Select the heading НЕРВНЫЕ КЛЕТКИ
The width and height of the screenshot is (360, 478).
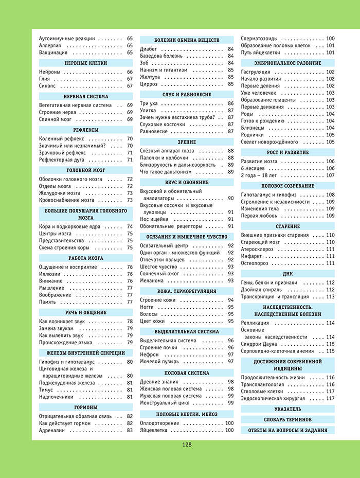86,63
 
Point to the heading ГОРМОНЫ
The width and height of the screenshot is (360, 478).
86,407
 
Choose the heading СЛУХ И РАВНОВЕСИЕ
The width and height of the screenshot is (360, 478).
187,95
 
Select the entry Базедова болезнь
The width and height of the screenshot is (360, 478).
161,56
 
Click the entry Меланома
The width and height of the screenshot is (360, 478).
153,280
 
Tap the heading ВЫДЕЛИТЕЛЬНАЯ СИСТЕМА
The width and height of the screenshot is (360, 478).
187,331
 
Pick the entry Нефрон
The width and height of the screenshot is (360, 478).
150,355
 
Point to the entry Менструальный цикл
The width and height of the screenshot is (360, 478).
165,403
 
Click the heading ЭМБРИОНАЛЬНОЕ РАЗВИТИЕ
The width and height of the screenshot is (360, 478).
287,63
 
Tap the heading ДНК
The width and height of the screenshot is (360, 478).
287,274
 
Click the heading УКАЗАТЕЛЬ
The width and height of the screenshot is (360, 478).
287,410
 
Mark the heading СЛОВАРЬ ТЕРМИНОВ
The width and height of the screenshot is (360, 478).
287,420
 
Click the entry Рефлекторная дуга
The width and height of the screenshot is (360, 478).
62,160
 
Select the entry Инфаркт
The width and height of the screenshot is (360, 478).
253,256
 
